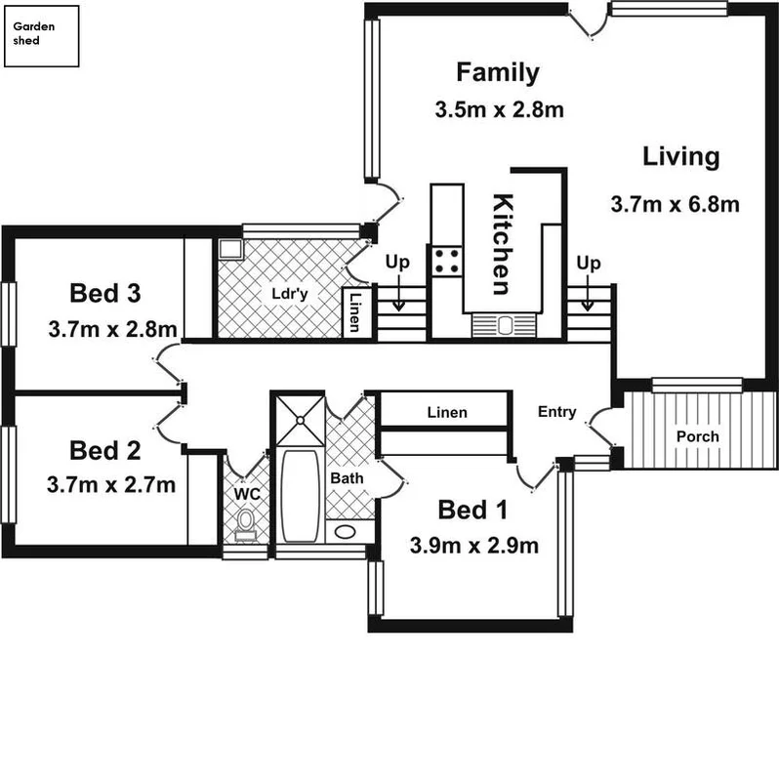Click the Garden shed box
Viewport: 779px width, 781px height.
coord(41,36)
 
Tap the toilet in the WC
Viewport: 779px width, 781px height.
coord(245,524)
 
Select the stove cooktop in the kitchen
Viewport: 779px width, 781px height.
coord(447,262)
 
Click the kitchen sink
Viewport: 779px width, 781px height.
coord(504,325)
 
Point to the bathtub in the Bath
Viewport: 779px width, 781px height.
coord(300,496)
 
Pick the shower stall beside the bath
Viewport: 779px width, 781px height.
coord(300,421)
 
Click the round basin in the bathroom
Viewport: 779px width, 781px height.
coord(345,532)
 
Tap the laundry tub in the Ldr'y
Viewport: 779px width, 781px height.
coord(230,249)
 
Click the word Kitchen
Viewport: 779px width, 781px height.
coord(503,244)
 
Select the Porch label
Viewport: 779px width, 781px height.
coord(697,436)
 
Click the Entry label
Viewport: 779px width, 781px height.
coord(556,412)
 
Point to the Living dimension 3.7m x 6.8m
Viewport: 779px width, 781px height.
coord(675,205)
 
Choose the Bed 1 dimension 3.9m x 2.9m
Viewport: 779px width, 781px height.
coord(474,546)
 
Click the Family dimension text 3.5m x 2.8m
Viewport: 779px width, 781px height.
coord(499,109)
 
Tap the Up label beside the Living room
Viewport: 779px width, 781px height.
coord(589,264)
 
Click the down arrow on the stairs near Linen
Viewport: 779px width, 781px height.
coord(398,293)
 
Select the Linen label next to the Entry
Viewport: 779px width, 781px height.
coord(447,412)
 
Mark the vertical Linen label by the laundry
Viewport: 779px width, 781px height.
coord(354,312)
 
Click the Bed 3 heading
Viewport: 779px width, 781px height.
coord(105,293)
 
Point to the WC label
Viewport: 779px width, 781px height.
coord(247,494)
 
